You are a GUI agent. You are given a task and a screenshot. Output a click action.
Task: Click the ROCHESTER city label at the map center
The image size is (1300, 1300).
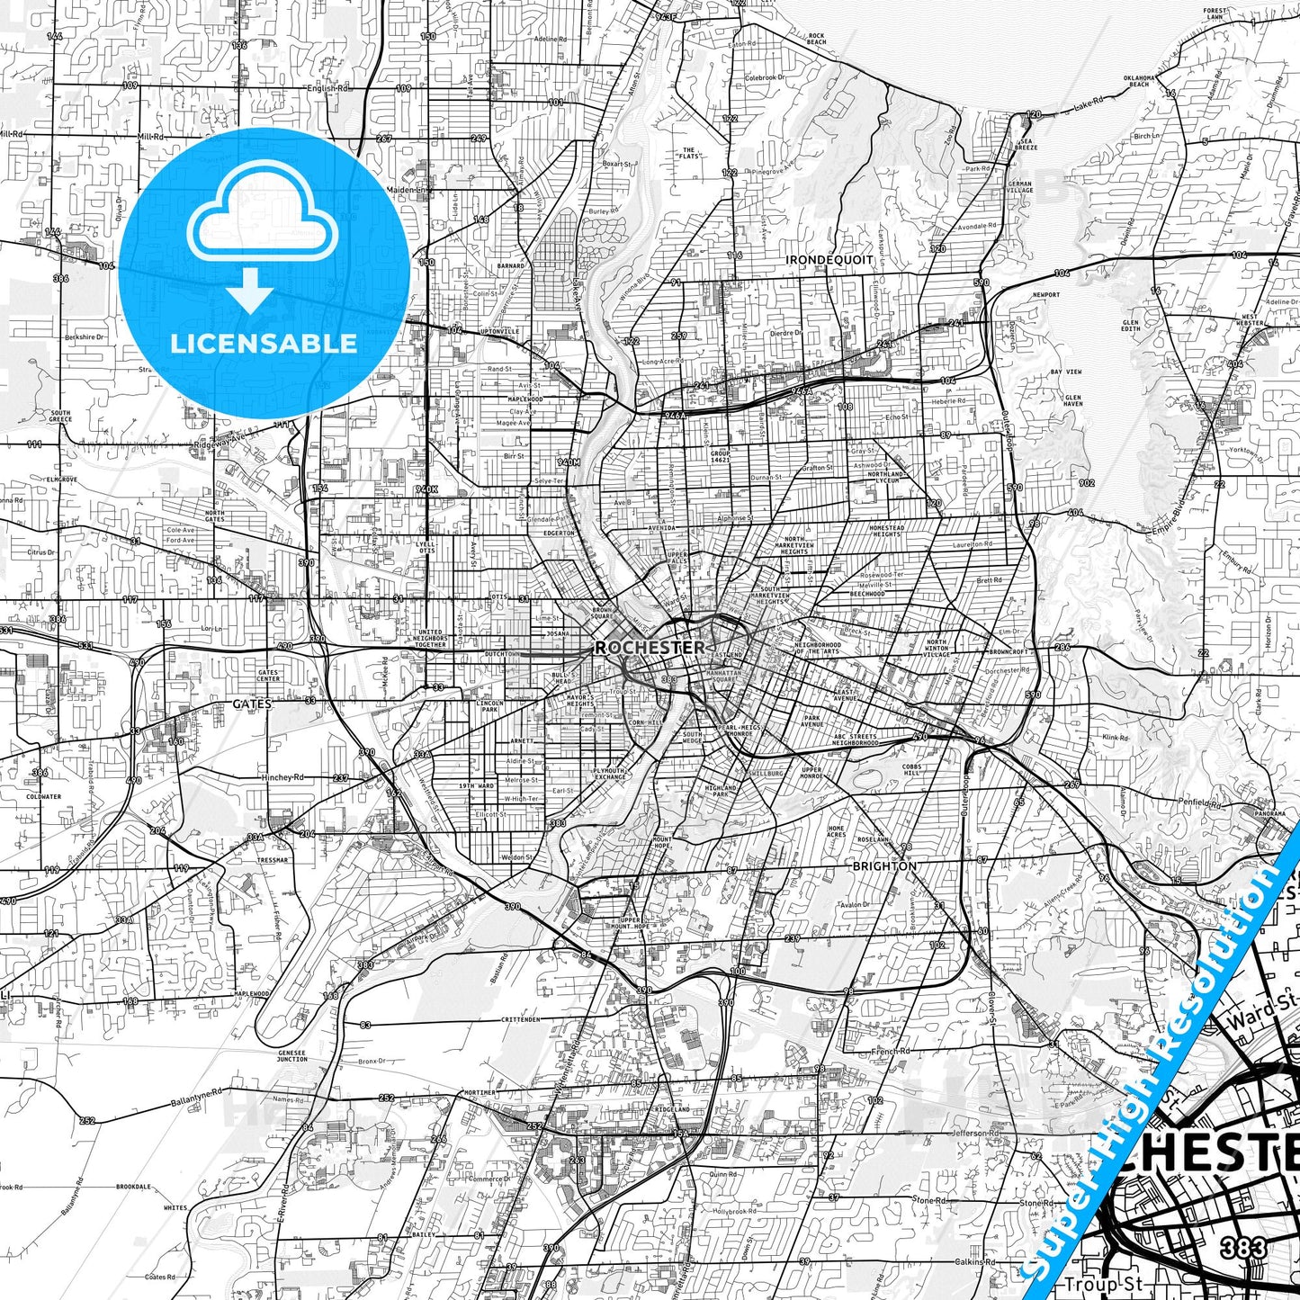click(650, 647)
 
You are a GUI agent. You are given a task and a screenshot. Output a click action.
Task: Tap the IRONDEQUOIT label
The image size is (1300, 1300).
click(829, 260)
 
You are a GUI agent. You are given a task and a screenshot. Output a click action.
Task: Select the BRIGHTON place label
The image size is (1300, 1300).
click(884, 866)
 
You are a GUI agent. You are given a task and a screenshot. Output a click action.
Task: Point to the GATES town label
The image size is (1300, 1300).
click(252, 704)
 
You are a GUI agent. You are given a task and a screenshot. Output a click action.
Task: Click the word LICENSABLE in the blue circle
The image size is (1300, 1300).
click(264, 344)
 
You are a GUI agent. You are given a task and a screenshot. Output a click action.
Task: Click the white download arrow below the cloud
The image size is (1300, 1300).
click(251, 291)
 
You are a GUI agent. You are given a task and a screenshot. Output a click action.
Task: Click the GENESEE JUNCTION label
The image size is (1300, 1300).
click(291, 1055)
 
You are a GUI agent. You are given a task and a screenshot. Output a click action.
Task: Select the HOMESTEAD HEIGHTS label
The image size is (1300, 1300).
click(886, 531)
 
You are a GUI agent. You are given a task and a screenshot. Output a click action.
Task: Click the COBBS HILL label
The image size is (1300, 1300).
click(911, 769)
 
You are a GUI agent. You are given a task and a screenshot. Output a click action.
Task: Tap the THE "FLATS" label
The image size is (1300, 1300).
click(688, 154)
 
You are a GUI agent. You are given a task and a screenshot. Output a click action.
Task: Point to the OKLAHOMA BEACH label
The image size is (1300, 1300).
click(1138, 81)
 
